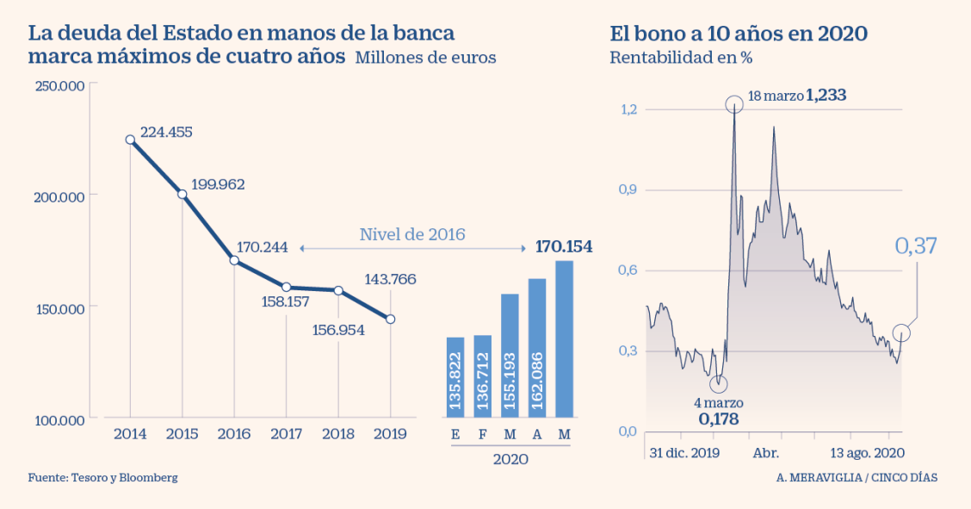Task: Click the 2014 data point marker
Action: click(x=130, y=140)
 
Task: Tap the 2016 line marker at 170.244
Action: click(x=234, y=260)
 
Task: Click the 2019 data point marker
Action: click(x=391, y=320)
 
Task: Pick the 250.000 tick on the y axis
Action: click(x=59, y=85)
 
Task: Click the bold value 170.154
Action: click(x=564, y=247)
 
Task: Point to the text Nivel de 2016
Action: click(x=412, y=234)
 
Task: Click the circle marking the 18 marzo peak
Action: click(x=734, y=104)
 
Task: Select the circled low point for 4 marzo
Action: click(x=719, y=384)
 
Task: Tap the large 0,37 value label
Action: click(x=915, y=245)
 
